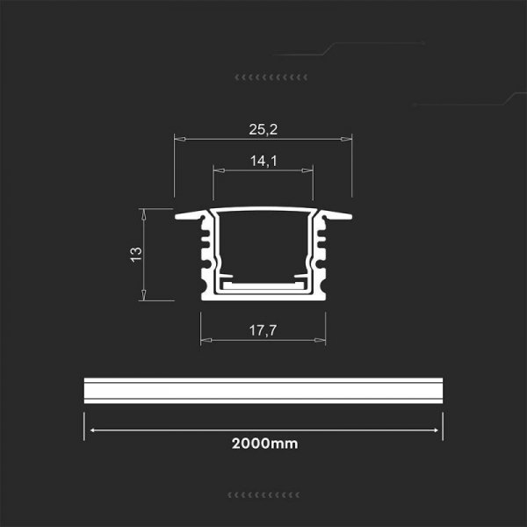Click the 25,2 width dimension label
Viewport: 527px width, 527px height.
pos(263,129)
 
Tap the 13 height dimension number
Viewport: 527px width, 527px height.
pos(135,254)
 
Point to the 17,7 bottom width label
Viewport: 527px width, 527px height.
pos(263,331)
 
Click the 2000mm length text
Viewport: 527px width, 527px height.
pos(264,444)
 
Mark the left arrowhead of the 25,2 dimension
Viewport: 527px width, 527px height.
pos(177,137)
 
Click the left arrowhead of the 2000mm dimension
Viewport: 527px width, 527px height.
pos(90,430)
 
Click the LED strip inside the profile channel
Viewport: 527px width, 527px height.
pos(263,285)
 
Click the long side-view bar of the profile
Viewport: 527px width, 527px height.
pos(263,393)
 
